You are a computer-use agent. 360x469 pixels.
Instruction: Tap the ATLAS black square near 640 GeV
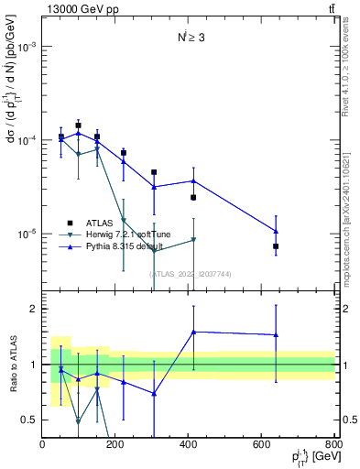tap(276, 246)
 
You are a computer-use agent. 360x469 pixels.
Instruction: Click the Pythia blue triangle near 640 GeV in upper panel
tap(276, 231)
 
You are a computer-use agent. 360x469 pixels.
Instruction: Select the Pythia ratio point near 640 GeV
tap(276, 334)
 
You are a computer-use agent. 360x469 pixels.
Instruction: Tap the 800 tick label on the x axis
tap(334, 444)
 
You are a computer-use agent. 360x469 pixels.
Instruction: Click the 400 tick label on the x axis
tap(188, 444)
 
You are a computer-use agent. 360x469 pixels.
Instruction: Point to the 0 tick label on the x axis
tap(42, 444)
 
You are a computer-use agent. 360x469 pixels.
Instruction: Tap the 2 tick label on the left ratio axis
tap(33, 310)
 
